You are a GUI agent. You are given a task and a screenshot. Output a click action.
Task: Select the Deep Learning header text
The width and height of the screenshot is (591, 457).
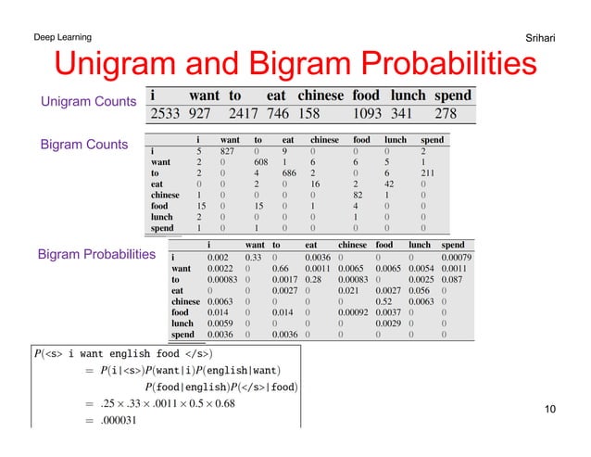tap(62, 37)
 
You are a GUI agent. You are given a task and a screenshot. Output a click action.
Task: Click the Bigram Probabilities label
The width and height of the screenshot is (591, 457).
tap(95, 253)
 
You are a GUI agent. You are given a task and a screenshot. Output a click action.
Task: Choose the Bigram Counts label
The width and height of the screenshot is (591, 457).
tap(82, 145)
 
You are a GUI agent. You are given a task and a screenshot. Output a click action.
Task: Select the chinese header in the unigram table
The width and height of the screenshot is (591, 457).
tap(321, 95)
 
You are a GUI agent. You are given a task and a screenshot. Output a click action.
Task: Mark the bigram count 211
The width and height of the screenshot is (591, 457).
tap(426, 171)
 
